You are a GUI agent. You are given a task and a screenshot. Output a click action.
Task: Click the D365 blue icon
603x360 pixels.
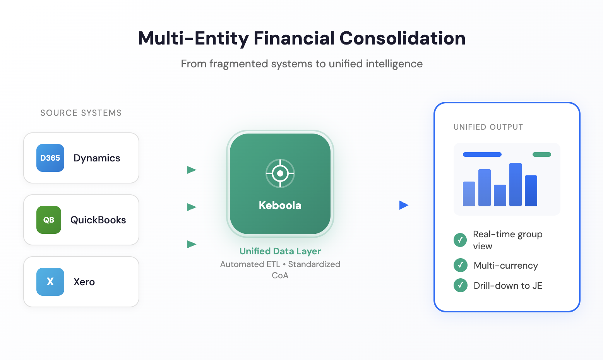(x=50, y=158)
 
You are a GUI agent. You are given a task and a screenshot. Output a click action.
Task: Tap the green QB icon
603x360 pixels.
(x=49, y=220)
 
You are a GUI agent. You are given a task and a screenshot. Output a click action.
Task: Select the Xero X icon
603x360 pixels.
(x=50, y=282)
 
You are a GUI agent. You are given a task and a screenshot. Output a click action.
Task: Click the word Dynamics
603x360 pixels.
(x=97, y=158)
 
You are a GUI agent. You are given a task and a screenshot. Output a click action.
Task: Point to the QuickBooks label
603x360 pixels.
(x=98, y=220)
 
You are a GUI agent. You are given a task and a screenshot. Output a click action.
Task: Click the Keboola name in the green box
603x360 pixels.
(x=280, y=206)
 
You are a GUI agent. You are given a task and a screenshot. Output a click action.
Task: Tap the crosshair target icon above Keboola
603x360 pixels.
(x=280, y=173)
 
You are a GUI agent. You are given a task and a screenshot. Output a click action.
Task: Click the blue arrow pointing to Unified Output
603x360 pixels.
(x=404, y=205)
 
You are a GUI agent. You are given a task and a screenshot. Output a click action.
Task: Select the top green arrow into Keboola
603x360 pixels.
(x=192, y=170)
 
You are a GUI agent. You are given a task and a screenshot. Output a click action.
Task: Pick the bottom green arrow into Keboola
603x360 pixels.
(x=192, y=244)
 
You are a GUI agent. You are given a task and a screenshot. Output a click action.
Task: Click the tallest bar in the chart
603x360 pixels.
(x=515, y=185)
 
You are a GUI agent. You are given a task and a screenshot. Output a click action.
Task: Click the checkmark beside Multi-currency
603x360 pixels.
(x=460, y=265)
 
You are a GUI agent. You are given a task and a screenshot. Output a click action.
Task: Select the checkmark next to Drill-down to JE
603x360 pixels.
(x=460, y=285)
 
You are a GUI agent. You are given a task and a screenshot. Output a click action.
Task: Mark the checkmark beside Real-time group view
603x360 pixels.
(x=460, y=240)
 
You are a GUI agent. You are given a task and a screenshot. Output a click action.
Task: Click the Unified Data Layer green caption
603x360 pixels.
(x=280, y=251)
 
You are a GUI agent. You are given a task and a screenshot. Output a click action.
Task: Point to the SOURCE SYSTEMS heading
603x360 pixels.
(x=81, y=113)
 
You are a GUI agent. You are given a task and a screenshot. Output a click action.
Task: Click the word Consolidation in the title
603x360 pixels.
(x=403, y=38)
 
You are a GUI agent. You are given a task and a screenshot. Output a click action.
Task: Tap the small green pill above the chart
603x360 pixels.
(x=541, y=154)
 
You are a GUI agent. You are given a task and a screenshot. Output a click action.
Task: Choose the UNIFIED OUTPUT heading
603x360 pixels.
(x=488, y=127)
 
